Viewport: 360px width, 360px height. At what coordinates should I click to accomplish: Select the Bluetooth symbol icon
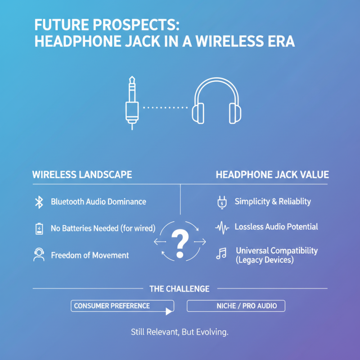click(x=39, y=202)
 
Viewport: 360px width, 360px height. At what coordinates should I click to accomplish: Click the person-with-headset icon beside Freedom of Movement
click(x=39, y=255)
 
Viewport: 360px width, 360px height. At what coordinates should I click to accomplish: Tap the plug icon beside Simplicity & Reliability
click(x=221, y=202)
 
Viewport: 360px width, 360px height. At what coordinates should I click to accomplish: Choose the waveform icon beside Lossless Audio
click(x=222, y=227)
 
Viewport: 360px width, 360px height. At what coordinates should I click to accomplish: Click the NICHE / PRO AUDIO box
click(x=236, y=306)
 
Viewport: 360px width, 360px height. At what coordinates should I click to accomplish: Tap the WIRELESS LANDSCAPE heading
click(x=82, y=175)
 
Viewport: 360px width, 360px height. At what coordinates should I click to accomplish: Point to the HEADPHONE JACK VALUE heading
click(x=272, y=175)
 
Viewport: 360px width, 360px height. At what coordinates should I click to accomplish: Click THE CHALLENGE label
click(x=180, y=288)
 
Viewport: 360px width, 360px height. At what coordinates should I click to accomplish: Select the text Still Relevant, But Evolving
click(x=180, y=333)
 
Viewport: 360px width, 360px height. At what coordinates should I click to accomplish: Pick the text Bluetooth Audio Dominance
click(x=98, y=202)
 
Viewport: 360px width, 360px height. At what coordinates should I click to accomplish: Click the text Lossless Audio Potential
click(x=276, y=227)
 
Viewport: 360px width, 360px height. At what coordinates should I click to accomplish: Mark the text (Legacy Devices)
click(x=265, y=260)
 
